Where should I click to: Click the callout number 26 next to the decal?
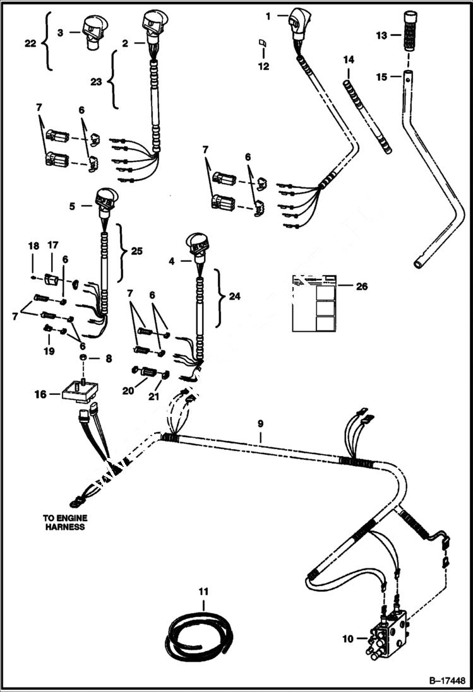362,286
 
